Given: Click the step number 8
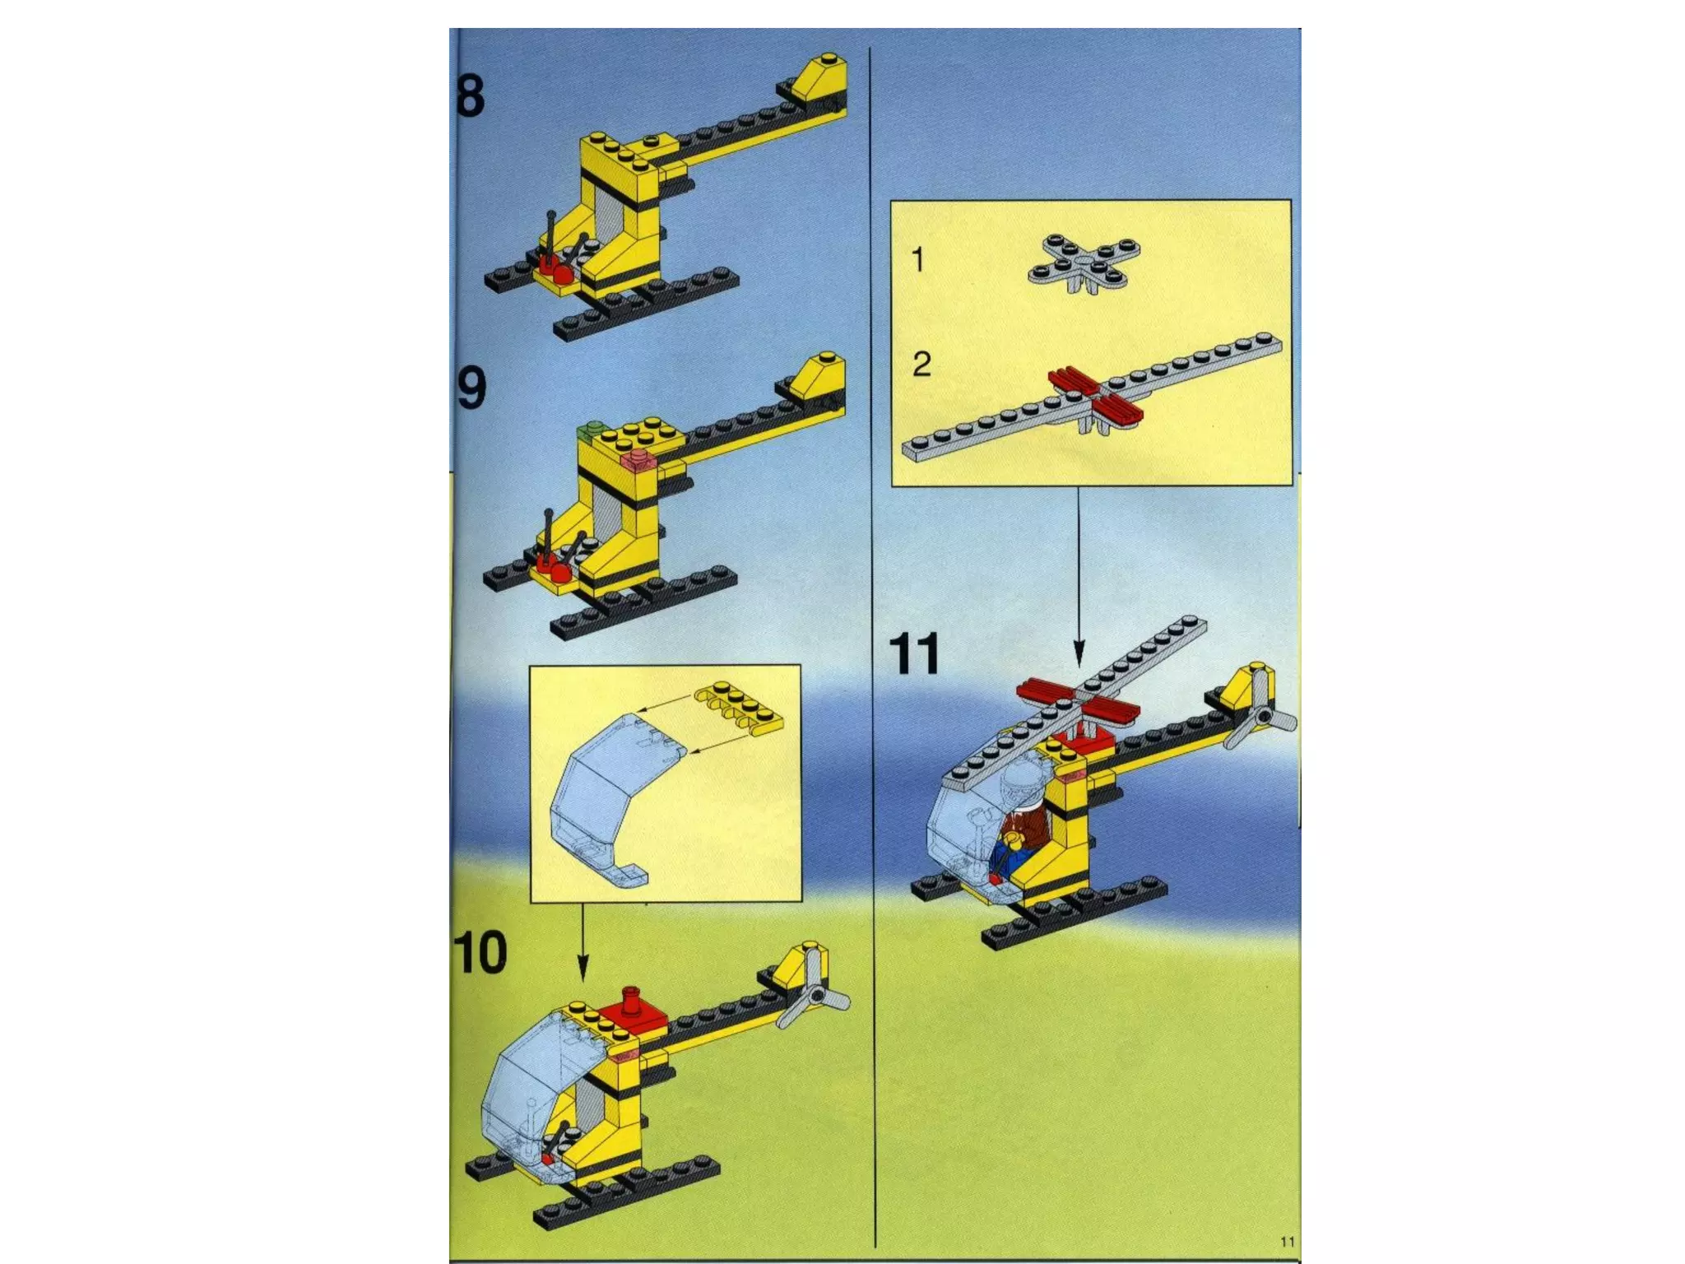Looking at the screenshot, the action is (x=471, y=96).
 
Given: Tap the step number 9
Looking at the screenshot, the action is (x=471, y=389).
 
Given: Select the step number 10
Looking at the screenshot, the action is (x=480, y=953).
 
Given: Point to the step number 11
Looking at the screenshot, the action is (x=915, y=655).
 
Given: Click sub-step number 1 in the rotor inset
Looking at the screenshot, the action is (x=918, y=260).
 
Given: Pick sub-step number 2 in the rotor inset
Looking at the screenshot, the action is (x=921, y=364).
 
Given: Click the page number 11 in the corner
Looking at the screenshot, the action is (x=1288, y=1242).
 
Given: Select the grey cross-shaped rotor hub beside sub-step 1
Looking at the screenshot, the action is (x=1084, y=263).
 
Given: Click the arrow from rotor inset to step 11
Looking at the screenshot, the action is (x=1079, y=576).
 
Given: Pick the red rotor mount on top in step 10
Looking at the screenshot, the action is (x=633, y=1015).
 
